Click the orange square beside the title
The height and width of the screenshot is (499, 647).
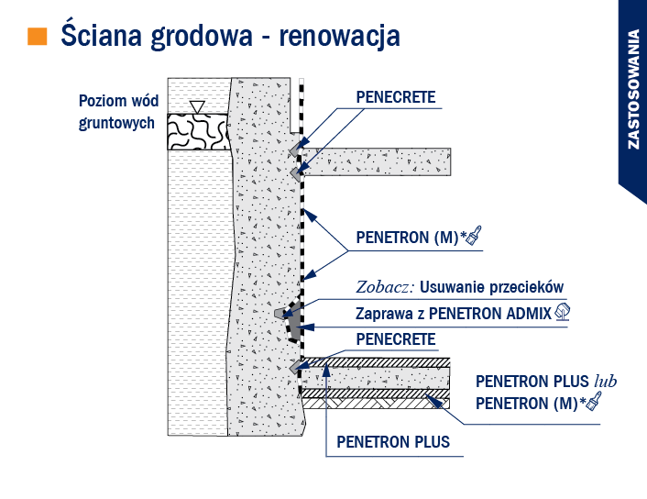pyautogui.click(x=38, y=36)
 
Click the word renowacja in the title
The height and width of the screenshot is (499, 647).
pyautogui.click(x=340, y=37)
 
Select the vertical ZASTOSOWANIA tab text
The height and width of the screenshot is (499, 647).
pyautogui.click(x=633, y=89)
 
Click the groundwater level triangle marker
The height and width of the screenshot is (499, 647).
pyautogui.click(x=198, y=107)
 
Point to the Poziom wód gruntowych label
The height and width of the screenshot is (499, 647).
pyautogui.click(x=118, y=112)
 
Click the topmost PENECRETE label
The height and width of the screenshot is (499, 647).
pyautogui.click(x=396, y=97)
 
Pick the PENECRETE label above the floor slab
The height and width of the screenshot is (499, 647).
pyautogui.click(x=396, y=339)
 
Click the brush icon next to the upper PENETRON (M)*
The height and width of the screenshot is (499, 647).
pyautogui.click(x=474, y=237)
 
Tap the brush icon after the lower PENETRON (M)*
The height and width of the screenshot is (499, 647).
pyautogui.click(x=593, y=402)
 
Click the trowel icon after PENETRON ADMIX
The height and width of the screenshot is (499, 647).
pyautogui.click(x=562, y=312)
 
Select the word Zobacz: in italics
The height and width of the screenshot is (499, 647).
pyautogui.click(x=385, y=287)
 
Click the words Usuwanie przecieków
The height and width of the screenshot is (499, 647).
pyautogui.click(x=491, y=287)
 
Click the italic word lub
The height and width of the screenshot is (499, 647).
pyautogui.click(x=606, y=381)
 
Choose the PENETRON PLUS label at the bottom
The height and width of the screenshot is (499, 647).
pyautogui.click(x=393, y=442)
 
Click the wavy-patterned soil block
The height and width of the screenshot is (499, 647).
pyautogui.click(x=199, y=132)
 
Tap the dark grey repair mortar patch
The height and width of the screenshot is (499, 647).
pyautogui.click(x=295, y=322)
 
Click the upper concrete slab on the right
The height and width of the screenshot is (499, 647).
pyautogui.click(x=376, y=161)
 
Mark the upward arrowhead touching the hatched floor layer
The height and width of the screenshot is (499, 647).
pyautogui.click(x=326, y=371)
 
